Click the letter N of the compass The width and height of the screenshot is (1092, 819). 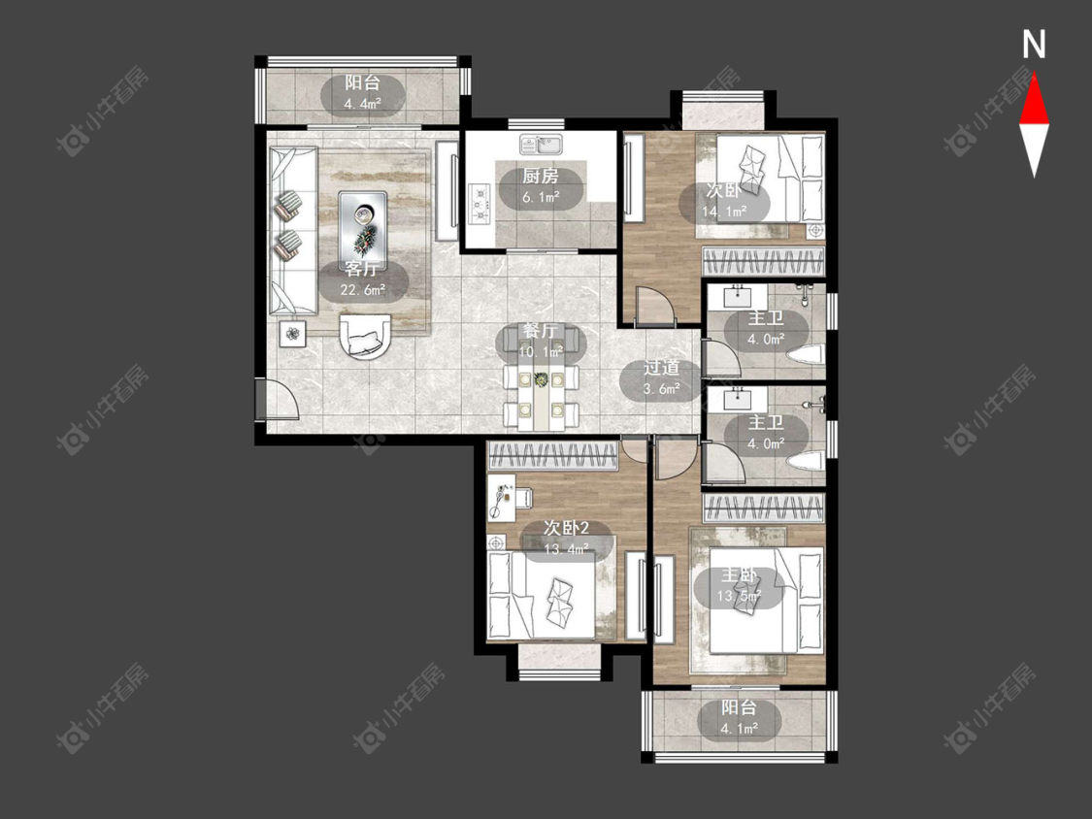[x=1034, y=45]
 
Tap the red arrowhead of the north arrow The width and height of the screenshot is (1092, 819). [x=1034, y=100]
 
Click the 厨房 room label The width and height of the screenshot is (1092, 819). [x=541, y=177]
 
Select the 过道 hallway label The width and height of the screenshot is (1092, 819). [x=661, y=368]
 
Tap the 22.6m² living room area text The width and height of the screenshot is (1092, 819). [x=363, y=290]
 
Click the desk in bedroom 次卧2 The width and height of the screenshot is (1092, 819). [x=502, y=497]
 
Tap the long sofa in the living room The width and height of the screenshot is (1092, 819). [x=293, y=231]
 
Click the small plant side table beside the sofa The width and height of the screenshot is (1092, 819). [x=293, y=334]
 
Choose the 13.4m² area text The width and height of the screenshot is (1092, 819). [x=567, y=549]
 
